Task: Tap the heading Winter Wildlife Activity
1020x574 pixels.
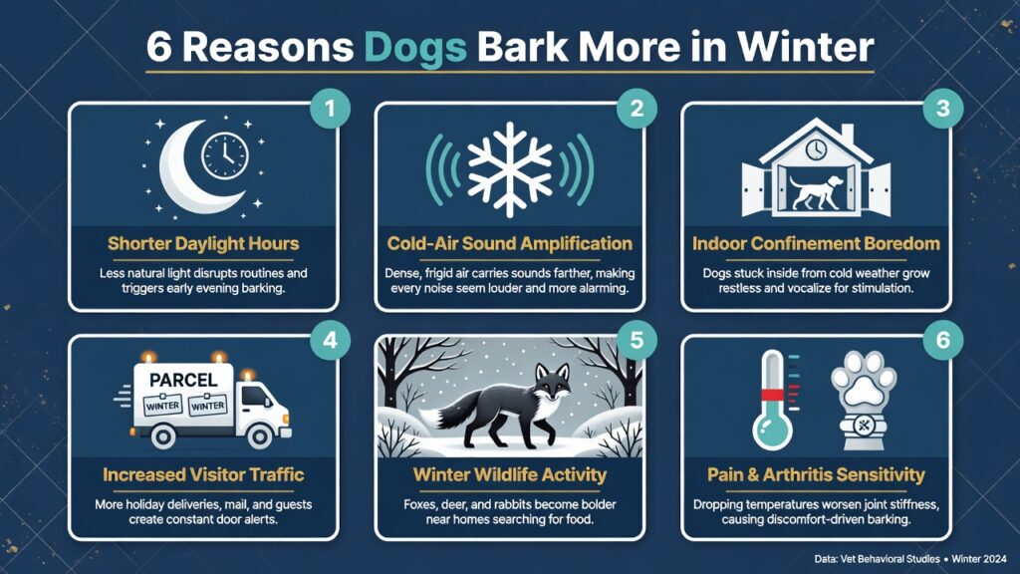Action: point(509,475)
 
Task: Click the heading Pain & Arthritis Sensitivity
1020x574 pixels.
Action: point(815,475)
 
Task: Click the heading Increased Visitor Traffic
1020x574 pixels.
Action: point(203,475)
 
